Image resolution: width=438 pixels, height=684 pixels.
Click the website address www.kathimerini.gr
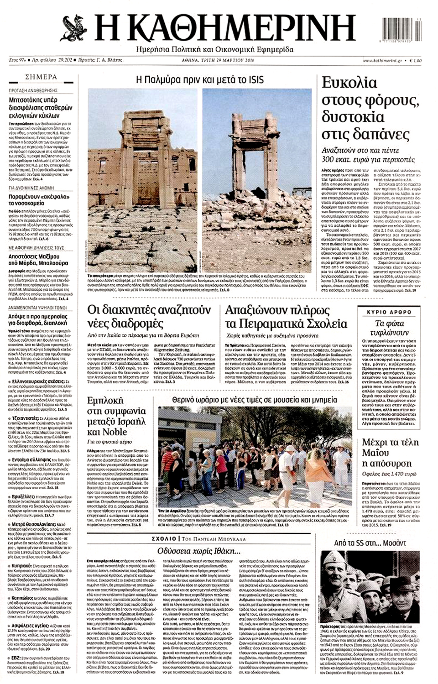pos(382,60)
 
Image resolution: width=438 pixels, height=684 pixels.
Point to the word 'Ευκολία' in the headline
pos(349,83)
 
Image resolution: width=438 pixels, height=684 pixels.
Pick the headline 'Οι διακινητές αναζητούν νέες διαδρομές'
pos(149,317)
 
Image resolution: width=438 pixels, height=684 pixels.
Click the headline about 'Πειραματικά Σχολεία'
pos(286,317)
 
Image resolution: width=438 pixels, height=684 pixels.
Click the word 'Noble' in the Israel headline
pos(104,432)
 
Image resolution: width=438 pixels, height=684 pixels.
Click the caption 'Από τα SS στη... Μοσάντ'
pos(370,543)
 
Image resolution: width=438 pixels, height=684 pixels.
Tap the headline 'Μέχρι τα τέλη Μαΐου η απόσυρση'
pos(386,452)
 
